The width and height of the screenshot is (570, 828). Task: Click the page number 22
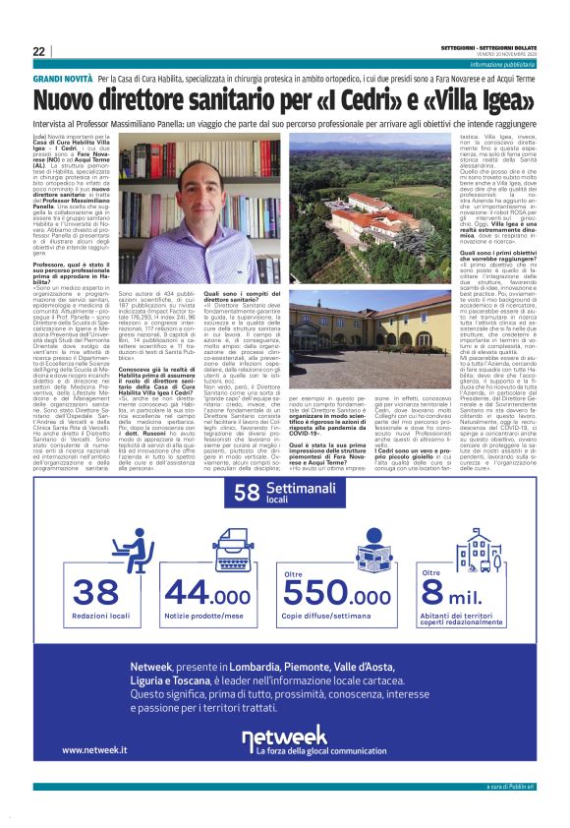[38, 52]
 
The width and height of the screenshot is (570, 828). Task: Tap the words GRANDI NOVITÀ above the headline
[63, 77]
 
